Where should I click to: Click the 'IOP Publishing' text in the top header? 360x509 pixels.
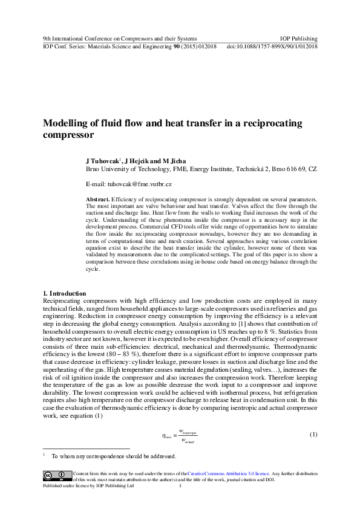(299, 37)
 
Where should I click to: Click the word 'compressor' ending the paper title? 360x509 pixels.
(69, 135)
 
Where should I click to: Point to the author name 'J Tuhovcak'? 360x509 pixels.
(104, 161)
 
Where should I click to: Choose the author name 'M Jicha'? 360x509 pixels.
(175, 161)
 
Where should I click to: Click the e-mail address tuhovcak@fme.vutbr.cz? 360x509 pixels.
(139, 183)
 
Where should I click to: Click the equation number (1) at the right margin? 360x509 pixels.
(313, 435)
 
